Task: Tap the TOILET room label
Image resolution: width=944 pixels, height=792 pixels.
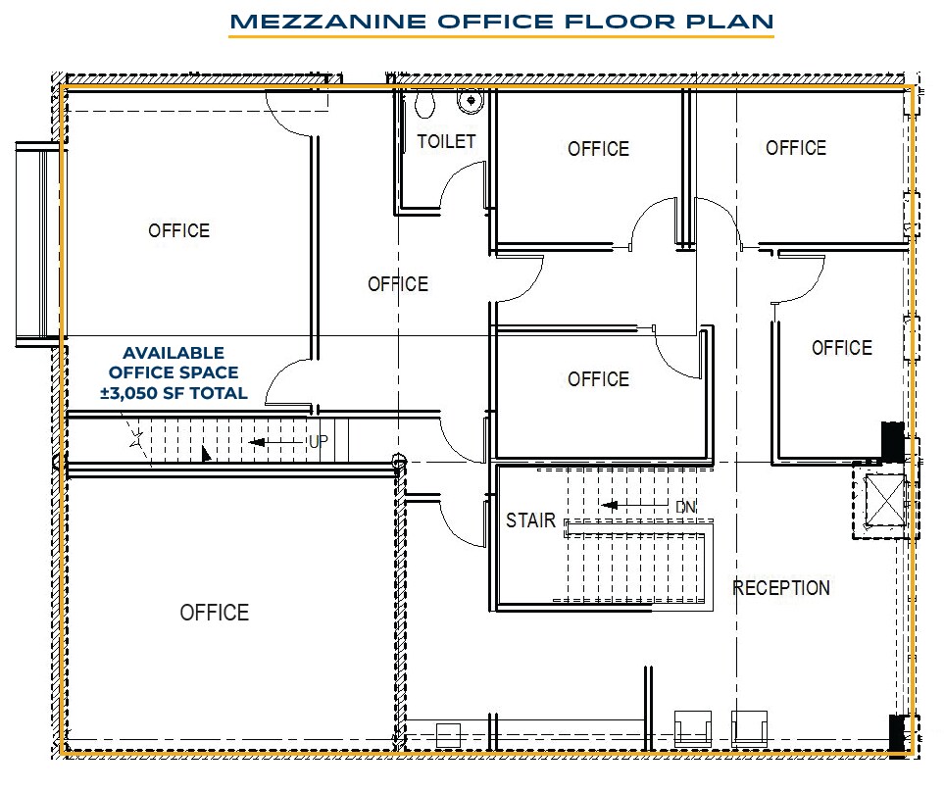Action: pyautogui.click(x=446, y=142)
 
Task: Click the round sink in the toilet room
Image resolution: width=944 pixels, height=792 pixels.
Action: pyautogui.click(x=472, y=99)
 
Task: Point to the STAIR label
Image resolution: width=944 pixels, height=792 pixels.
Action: pyautogui.click(x=530, y=520)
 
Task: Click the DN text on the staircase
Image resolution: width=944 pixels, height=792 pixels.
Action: pyautogui.click(x=686, y=507)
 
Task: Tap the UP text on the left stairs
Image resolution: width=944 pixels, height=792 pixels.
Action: pyautogui.click(x=318, y=442)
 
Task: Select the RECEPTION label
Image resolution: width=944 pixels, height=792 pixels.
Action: pyautogui.click(x=781, y=588)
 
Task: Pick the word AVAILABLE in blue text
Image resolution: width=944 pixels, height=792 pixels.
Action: pyautogui.click(x=174, y=353)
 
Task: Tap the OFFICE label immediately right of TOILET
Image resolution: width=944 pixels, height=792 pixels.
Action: pyautogui.click(x=598, y=149)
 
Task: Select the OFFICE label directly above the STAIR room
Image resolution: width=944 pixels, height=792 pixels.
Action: pyautogui.click(x=598, y=379)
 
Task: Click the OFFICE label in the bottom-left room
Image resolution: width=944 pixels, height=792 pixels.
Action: pyautogui.click(x=214, y=613)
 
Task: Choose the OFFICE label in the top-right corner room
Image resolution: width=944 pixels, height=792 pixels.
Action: pyautogui.click(x=796, y=148)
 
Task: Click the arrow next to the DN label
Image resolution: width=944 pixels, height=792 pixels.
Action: pyautogui.click(x=627, y=507)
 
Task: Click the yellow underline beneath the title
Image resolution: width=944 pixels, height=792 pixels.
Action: pyautogui.click(x=501, y=38)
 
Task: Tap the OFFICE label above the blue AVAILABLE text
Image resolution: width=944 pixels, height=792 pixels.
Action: pyautogui.click(x=178, y=230)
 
